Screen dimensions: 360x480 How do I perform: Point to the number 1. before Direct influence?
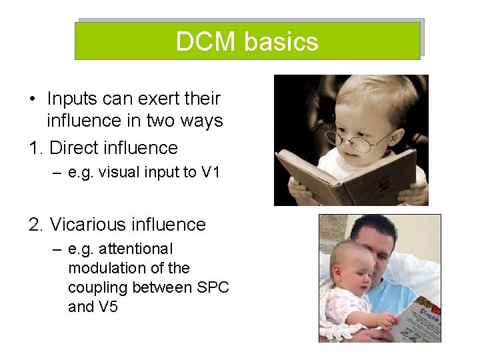tap(37, 147)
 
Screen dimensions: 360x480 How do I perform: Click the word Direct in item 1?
tap(76, 147)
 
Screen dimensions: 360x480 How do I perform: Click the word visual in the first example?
tap(117, 172)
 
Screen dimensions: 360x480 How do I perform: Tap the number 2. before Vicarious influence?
tap(37, 225)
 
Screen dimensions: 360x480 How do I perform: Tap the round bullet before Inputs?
tap(33, 99)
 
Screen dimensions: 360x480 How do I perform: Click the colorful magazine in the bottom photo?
tap(417, 319)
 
